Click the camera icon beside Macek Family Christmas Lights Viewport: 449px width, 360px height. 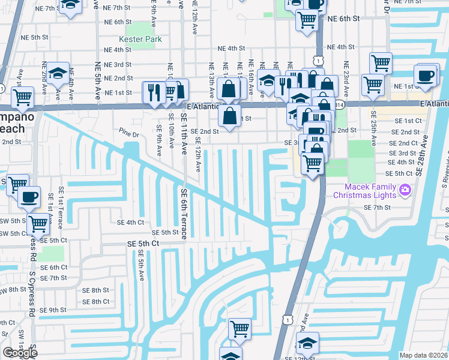405,190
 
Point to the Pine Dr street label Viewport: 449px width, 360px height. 128,133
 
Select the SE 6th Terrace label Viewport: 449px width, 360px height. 184,213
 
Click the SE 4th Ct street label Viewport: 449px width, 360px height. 131,222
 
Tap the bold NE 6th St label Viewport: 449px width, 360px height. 343,19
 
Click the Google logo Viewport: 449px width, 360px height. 20,353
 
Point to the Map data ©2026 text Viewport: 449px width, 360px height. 423,355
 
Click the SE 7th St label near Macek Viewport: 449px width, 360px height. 377,207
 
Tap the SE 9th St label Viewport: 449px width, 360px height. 53,310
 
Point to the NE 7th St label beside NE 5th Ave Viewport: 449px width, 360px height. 117,7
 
